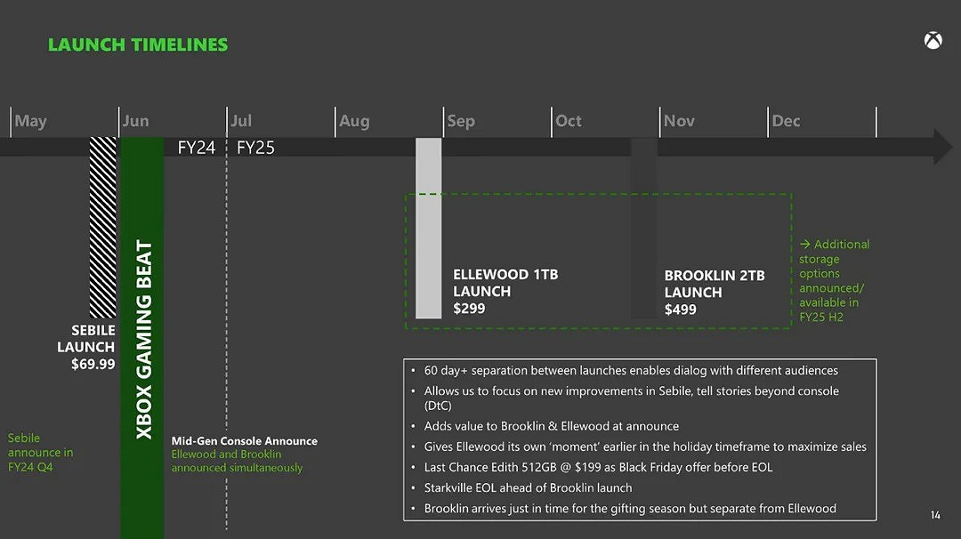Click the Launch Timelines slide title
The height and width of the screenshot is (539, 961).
(x=138, y=44)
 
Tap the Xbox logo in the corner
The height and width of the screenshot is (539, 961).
(x=933, y=40)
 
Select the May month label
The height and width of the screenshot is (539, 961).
(x=31, y=121)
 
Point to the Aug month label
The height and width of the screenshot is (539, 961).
(x=354, y=121)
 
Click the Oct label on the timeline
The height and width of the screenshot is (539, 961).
(x=569, y=121)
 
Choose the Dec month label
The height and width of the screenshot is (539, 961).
(x=786, y=121)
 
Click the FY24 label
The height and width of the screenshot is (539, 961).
(x=197, y=148)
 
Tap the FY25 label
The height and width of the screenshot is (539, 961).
(x=256, y=148)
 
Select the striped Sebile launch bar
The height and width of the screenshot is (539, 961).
(x=103, y=227)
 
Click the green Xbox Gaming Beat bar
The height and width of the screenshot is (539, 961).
(x=142, y=338)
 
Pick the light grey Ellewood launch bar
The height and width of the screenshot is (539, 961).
(x=429, y=228)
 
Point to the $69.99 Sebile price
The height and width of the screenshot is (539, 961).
(x=93, y=364)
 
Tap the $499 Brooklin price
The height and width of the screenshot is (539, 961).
(x=681, y=310)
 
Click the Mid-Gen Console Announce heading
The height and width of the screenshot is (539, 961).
(x=245, y=441)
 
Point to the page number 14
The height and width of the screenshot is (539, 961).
(x=935, y=515)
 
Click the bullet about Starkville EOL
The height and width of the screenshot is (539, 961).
(x=528, y=487)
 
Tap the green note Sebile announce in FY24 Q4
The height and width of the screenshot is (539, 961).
(x=41, y=452)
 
